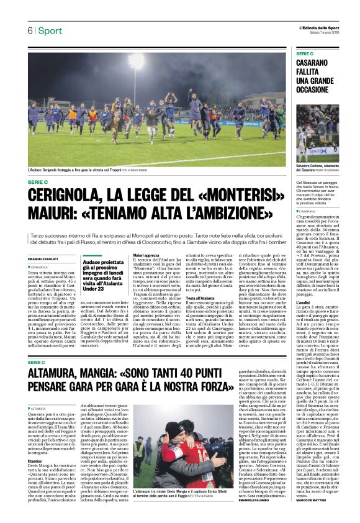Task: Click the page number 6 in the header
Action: (29, 31)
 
